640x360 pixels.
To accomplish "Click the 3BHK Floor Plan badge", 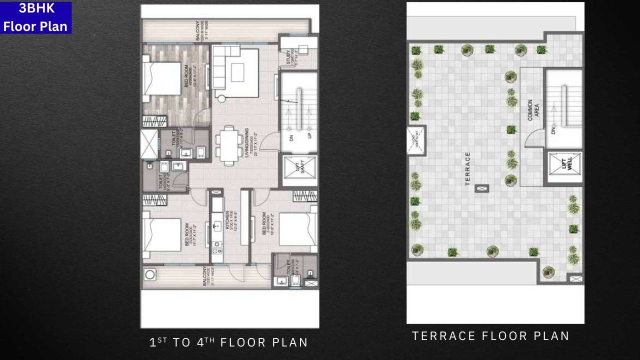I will [x=36, y=17].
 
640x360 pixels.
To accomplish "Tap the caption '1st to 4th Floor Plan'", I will [x=229, y=342].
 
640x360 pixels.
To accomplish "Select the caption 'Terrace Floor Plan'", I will [x=490, y=336].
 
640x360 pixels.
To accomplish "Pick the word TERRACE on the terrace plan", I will [x=468, y=169].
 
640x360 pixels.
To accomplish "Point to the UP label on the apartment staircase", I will [x=309, y=136].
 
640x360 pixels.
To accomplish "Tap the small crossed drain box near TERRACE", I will [x=482, y=188].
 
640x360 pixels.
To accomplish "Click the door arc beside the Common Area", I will [x=533, y=137].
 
